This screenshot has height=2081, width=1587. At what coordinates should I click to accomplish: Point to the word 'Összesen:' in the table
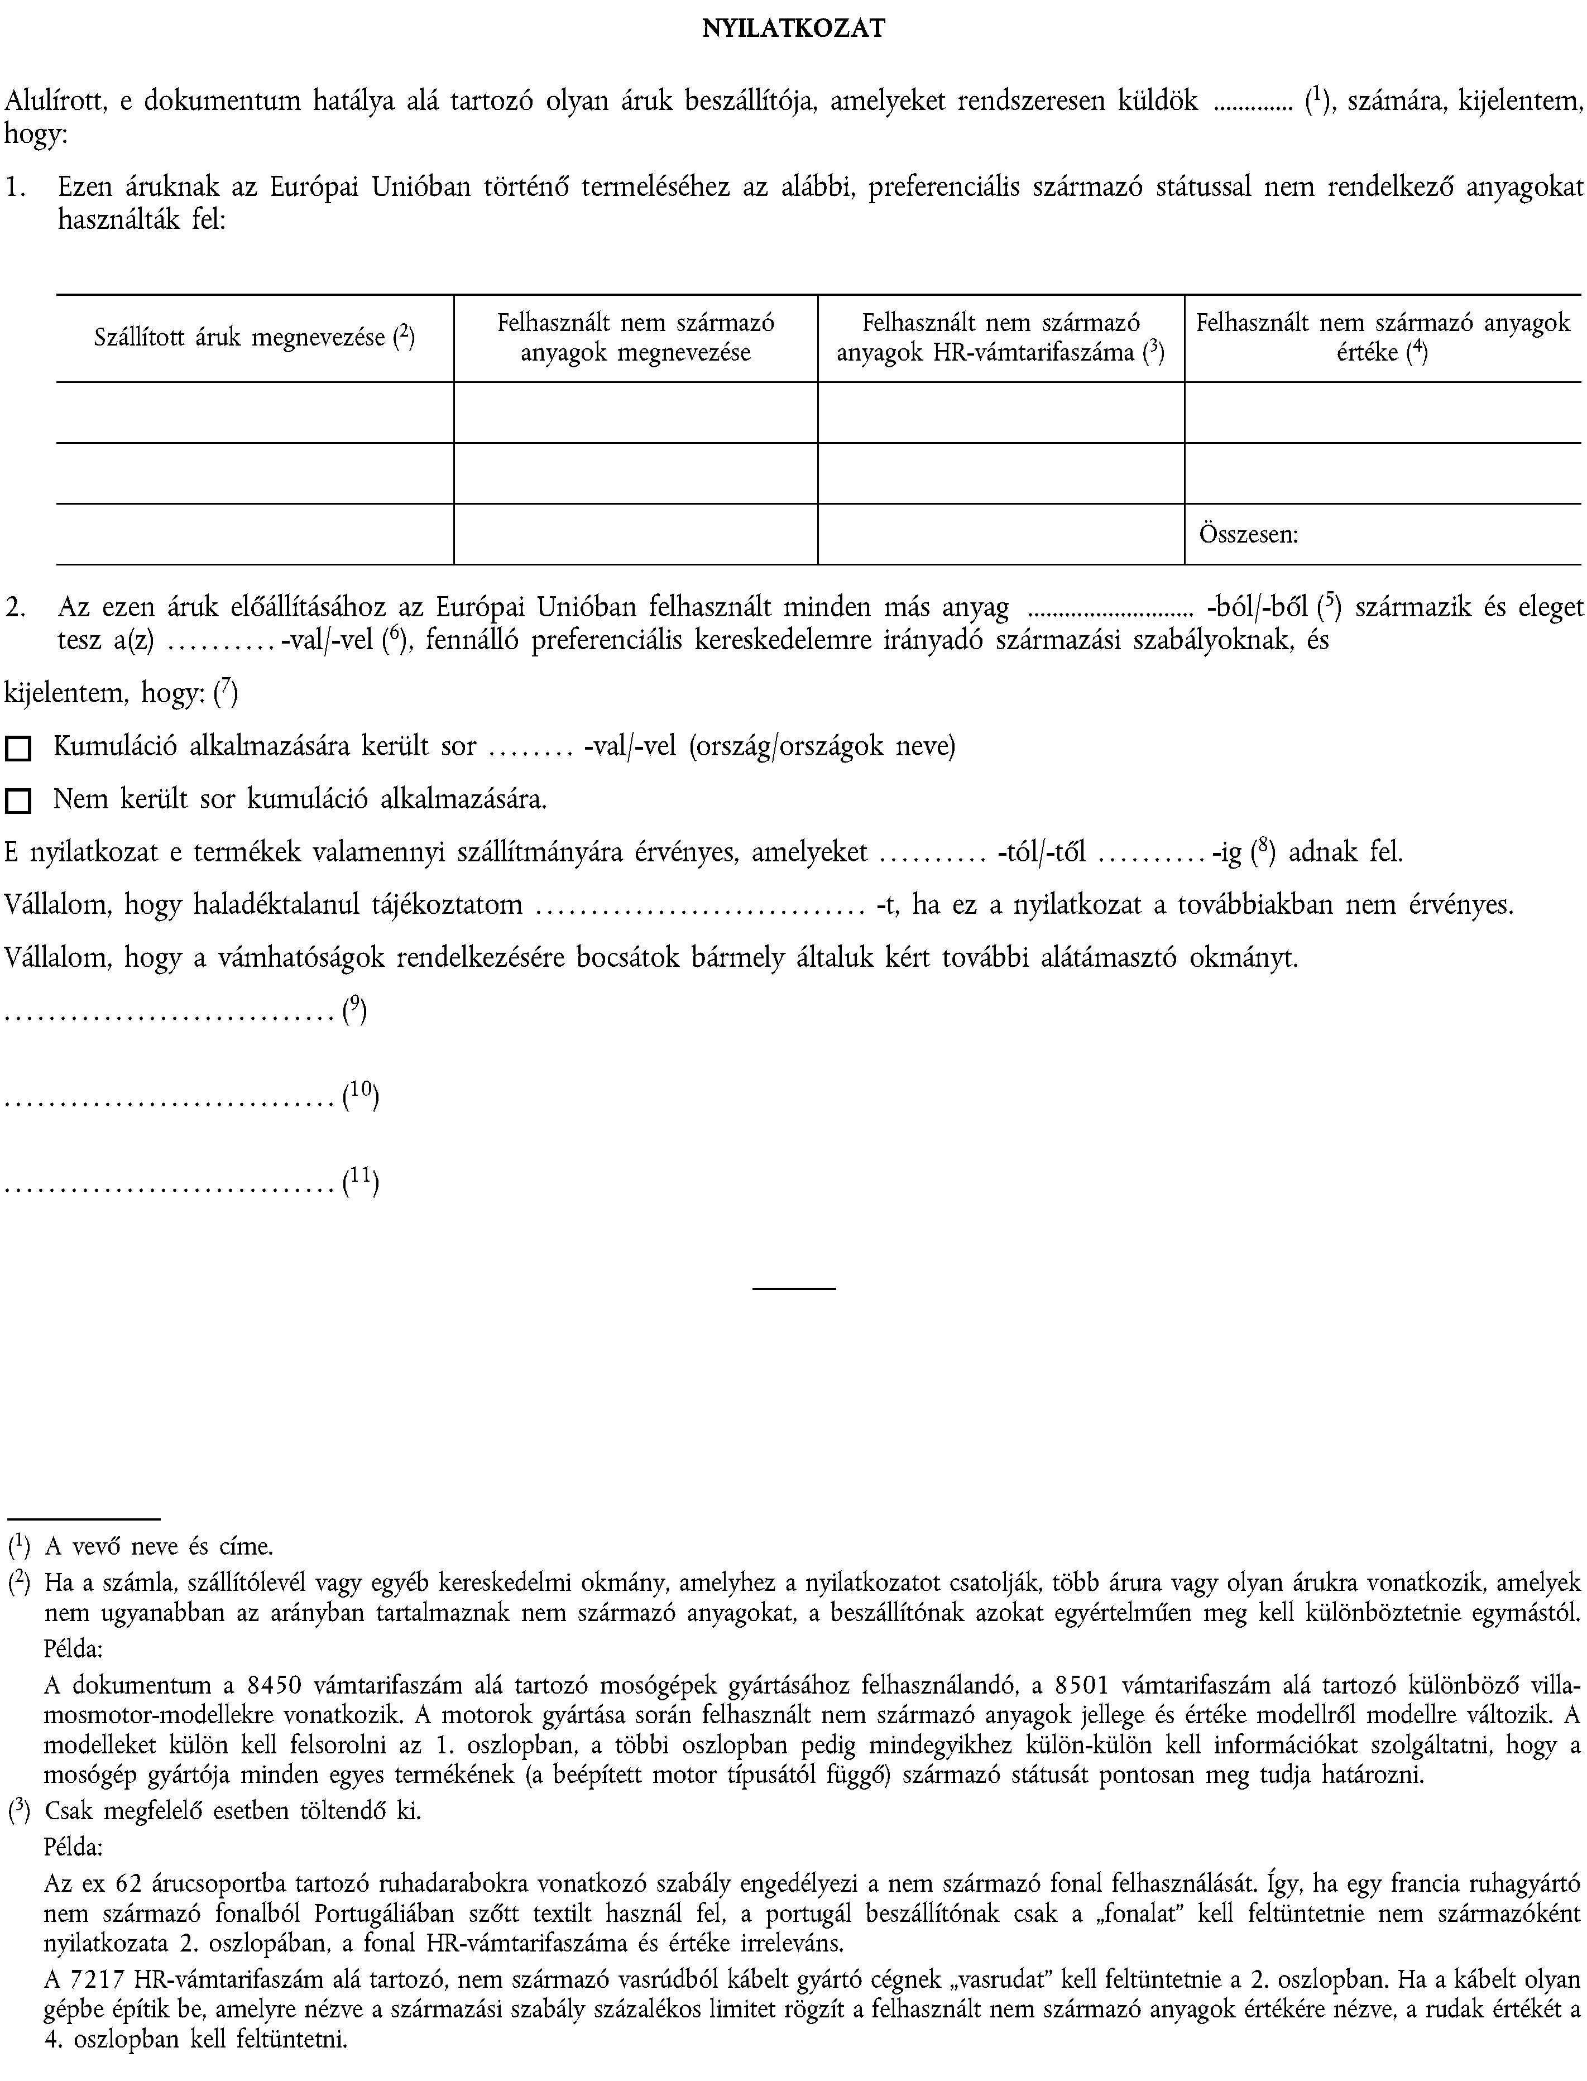1248,535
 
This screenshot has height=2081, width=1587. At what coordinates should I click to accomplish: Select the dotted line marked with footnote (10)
171,1101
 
